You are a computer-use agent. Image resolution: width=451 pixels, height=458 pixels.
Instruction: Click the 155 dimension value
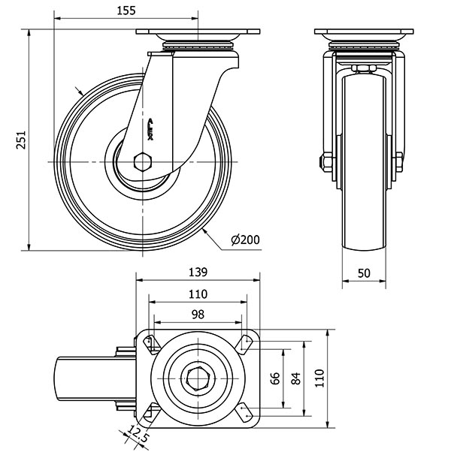(126, 10)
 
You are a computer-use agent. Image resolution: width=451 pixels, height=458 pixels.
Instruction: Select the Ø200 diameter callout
(245, 240)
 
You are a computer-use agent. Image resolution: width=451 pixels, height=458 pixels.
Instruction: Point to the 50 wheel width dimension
(364, 274)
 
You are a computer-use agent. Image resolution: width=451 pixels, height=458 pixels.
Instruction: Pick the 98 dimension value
(197, 314)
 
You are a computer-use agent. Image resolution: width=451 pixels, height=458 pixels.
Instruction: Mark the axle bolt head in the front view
(327, 161)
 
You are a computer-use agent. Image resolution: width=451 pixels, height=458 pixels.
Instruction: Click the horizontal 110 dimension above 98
(197, 294)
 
